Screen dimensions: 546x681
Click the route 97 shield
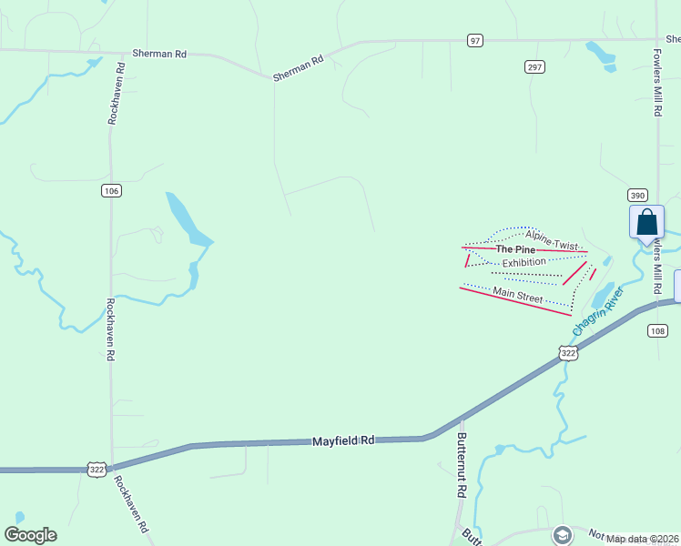pyautogui.click(x=475, y=40)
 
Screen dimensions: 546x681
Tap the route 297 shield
pyautogui.click(x=534, y=66)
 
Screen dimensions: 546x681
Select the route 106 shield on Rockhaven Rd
pyautogui.click(x=111, y=190)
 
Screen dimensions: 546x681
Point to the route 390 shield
pyautogui.click(x=636, y=196)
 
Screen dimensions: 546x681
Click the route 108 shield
pyautogui.click(x=658, y=330)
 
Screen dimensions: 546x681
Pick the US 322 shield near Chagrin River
pyautogui.click(x=568, y=352)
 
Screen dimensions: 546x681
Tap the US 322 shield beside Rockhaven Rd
pyautogui.click(x=97, y=469)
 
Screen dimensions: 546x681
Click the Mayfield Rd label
pyautogui.click(x=343, y=440)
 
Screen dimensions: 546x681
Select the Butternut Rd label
pyautogui.click(x=461, y=464)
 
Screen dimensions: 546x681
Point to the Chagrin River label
pyautogui.click(x=597, y=309)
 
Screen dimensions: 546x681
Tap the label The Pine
pyautogui.click(x=514, y=248)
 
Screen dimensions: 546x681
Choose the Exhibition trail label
pyautogui.click(x=523, y=262)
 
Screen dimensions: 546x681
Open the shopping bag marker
pyautogui.click(x=647, y=222)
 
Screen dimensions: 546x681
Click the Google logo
pyautogui.click(x=30, y=535)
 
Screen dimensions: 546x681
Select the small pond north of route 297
pyautogui.click(x=602, y=54)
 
